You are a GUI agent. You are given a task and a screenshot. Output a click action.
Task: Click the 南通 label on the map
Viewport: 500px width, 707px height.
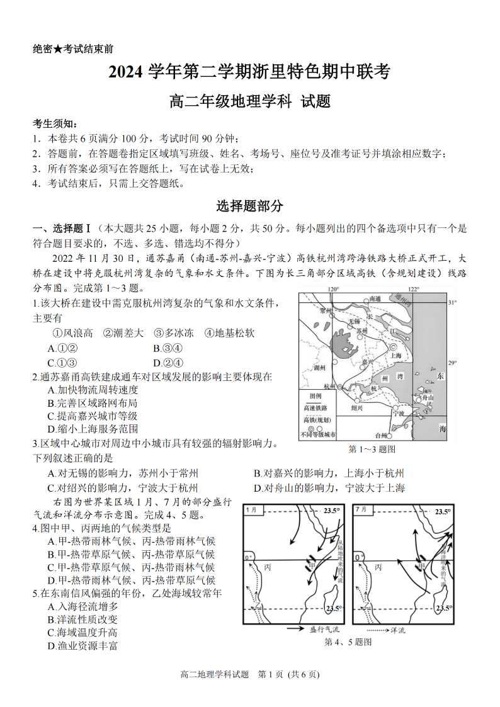(375, 298)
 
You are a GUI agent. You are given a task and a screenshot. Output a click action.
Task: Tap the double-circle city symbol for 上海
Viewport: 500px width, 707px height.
(394, 347)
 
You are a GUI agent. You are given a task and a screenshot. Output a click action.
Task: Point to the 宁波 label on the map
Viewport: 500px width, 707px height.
(398, 414)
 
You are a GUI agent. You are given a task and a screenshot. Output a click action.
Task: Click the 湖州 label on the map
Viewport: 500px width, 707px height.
(320, 367)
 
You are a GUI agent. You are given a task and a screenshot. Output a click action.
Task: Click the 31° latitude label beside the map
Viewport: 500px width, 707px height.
(452, 303)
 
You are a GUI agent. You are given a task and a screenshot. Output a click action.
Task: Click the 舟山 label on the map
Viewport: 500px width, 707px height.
(426, 398)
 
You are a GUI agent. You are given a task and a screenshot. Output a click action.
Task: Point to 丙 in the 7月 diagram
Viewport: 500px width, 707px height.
(378, 567)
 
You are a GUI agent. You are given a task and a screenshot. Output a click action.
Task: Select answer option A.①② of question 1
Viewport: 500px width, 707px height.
(62, 348)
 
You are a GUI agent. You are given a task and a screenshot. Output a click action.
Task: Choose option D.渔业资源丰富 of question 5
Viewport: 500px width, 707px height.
(82, 645)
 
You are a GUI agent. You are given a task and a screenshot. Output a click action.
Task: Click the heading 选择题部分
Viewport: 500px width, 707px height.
(250, 206)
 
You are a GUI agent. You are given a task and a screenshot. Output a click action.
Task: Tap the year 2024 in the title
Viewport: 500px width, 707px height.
(127, 72)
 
